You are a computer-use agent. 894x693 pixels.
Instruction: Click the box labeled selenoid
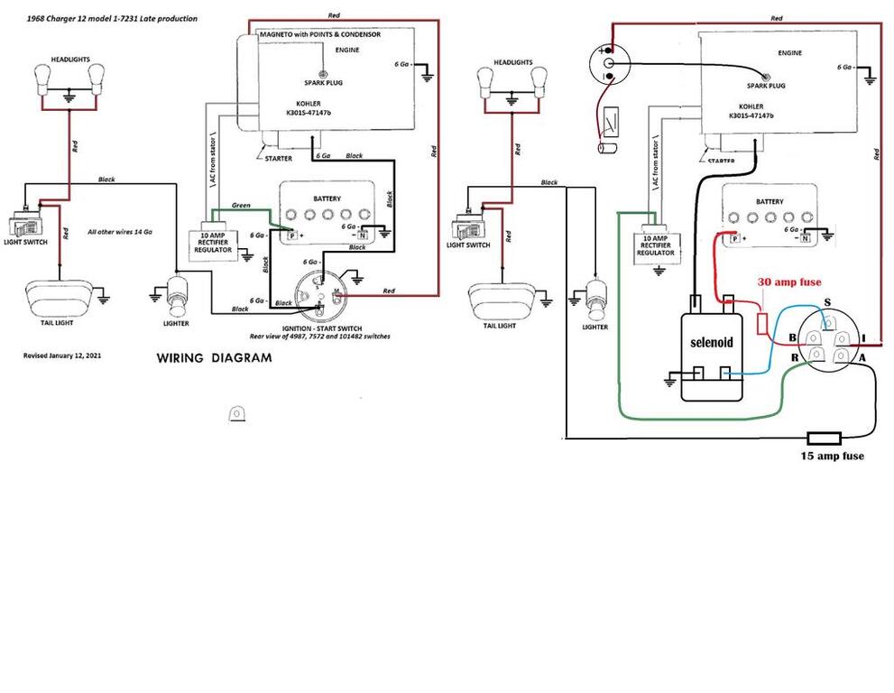(712, 345)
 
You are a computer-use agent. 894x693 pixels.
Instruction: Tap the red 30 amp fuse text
(789, 282)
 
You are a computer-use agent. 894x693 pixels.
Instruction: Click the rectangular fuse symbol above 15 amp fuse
(825, 439)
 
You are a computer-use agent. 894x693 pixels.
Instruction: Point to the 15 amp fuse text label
(832, 457)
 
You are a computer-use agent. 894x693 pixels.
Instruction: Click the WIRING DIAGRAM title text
(214, 357)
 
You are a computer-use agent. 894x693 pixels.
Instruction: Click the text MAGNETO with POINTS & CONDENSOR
(319, 34)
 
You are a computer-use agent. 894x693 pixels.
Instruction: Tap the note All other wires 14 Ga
(119, 232)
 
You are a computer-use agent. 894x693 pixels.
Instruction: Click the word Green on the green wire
(241, 206)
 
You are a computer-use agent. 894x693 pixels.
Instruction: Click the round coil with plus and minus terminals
(608, 63)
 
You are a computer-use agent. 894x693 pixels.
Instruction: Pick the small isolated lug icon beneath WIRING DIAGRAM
(237, 412)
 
